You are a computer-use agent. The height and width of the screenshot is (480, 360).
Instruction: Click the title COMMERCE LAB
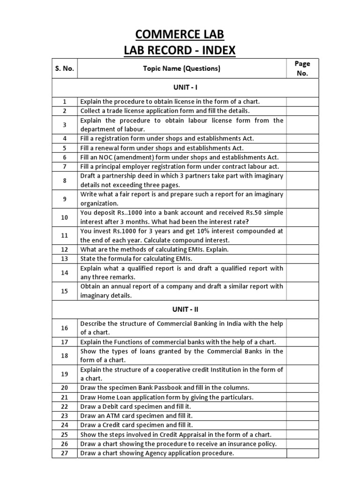click(x=180, y=34)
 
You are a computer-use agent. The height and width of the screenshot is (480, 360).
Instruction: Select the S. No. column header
click(x=64, y=68)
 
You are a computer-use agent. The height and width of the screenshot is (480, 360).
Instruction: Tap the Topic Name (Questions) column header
click(x=181, y=68)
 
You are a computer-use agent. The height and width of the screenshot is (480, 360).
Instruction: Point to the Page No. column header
click(x=302, y=68)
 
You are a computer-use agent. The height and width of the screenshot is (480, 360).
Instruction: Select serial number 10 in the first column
click(x=64, y=217)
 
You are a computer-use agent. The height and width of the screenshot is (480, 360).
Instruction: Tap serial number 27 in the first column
click(x=64, y=453)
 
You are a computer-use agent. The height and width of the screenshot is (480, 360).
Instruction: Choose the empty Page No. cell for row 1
click(x=302, y=101)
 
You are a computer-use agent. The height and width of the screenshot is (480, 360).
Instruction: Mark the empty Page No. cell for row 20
click(x=302, y=388)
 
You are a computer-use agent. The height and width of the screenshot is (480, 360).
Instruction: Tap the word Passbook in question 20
click(x=175, y=388)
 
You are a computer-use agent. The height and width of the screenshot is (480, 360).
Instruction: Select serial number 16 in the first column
click(x=64, y=328)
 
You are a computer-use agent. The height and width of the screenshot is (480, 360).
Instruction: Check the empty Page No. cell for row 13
click(x=302, y=259)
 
